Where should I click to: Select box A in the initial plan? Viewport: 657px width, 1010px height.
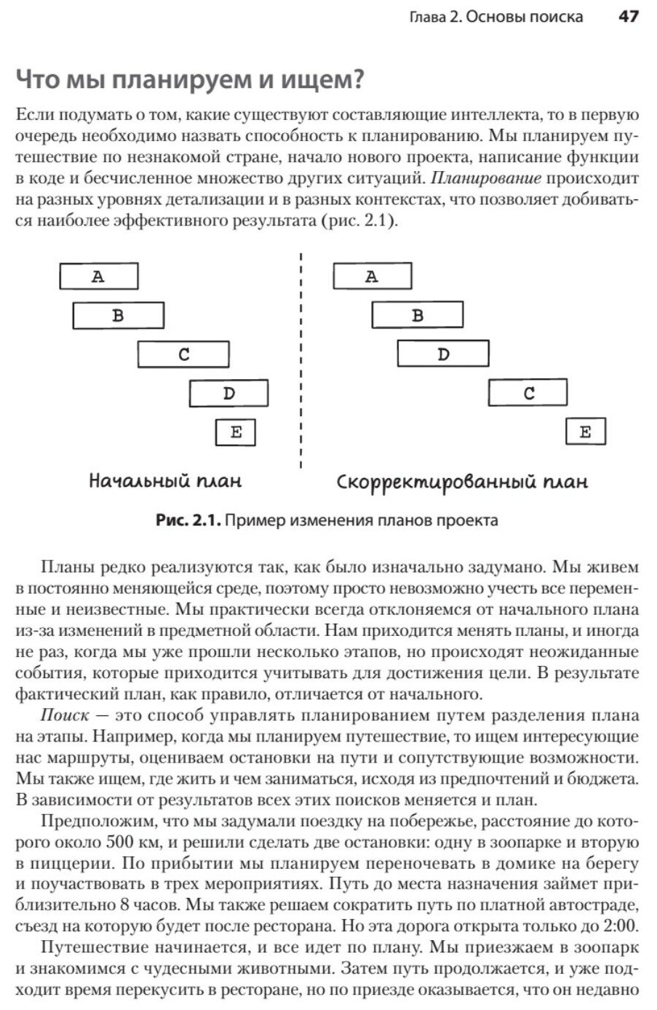click(x=98, y=277)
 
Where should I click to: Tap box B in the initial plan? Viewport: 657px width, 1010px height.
click(x=118, y=316)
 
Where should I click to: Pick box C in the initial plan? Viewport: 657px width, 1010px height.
click(x=183, y=354)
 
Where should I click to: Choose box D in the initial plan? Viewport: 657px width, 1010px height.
click(x=228, y=394)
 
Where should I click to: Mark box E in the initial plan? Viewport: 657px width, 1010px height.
click(x=236, y=432)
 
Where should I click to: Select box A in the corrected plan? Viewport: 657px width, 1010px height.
click(x=372, y=277)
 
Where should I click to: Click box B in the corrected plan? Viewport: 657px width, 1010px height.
click(x=417, y=316)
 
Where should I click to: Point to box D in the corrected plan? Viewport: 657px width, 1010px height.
click(x=442, y=354)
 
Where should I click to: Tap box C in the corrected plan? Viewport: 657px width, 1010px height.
click(x=528, y=394)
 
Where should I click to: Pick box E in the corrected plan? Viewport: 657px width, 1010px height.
click(x=586, y=432)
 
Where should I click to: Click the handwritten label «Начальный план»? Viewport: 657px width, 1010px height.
click(x=165, y=481)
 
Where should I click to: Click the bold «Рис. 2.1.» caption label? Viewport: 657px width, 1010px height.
click(x=188, y=521)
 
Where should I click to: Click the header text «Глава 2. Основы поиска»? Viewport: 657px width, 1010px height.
click(x=497, y=16)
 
